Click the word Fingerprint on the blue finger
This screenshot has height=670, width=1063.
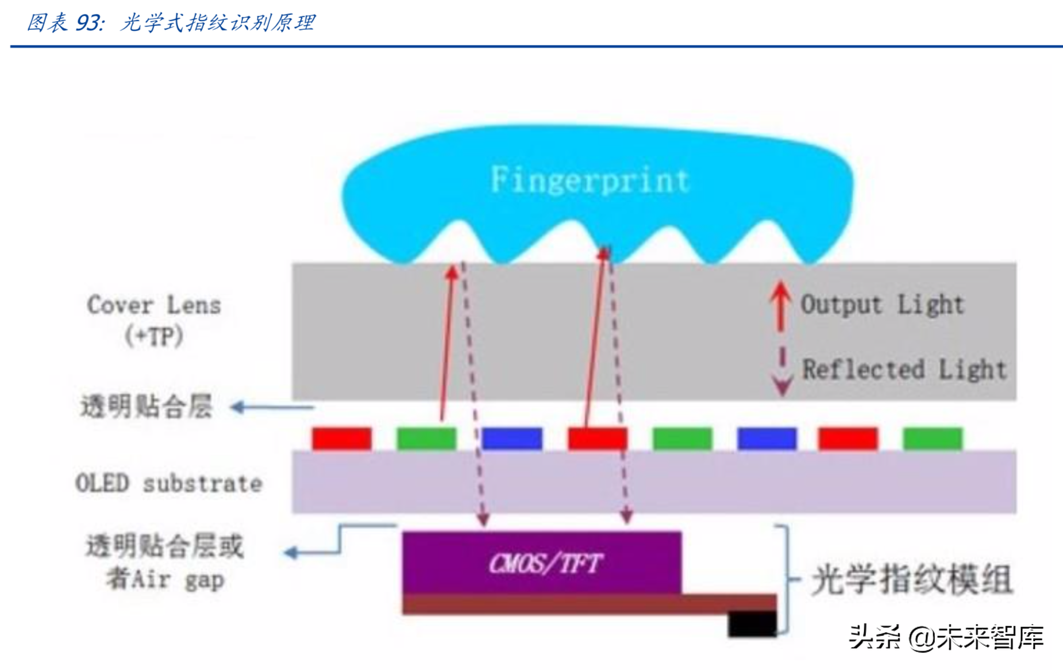[x=590, y=180]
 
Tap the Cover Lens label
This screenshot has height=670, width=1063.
[x=154, y=305]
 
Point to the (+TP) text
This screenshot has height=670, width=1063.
[x=154, y=336]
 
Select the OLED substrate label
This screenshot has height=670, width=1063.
[x=169, y=483]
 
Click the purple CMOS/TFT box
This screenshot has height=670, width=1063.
[x=542, y=563]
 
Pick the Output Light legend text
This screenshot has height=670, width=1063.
[x=882, y=305]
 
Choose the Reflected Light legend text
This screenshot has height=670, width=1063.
[x=904, y=369]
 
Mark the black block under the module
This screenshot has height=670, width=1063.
[x=752, y=623]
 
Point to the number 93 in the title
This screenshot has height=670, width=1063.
[x=88, y=23]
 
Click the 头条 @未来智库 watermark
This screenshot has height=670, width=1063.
[x=946, y=637]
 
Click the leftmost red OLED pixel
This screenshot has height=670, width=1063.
[x=341, y=438]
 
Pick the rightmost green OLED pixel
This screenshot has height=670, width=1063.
[x=932, y=438]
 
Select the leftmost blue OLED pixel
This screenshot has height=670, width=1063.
[x=511, y=438]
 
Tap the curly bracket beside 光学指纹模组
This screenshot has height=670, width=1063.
[x=787, y=579]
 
